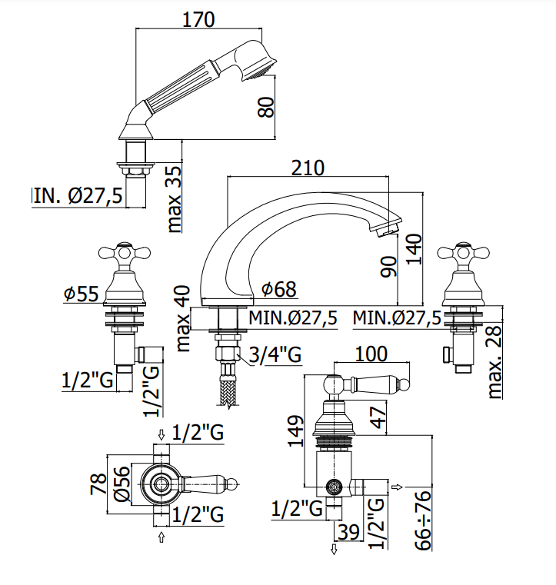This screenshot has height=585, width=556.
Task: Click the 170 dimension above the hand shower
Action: click(198, 19)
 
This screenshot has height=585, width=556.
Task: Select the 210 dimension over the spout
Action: click(308, 168)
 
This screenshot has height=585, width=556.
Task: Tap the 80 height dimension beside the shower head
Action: click(266, 108)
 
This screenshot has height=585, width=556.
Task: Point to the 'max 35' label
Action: click(175, 199)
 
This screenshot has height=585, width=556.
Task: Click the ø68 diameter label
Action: click(278, 289)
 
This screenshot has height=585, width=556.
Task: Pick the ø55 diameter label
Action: click(82, 294)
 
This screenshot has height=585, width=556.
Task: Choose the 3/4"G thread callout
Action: click(275, 354)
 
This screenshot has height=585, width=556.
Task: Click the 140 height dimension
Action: click(415, 250)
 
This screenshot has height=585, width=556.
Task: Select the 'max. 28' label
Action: click(494, 362)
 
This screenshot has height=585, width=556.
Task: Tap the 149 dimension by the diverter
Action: click(296, 430)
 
